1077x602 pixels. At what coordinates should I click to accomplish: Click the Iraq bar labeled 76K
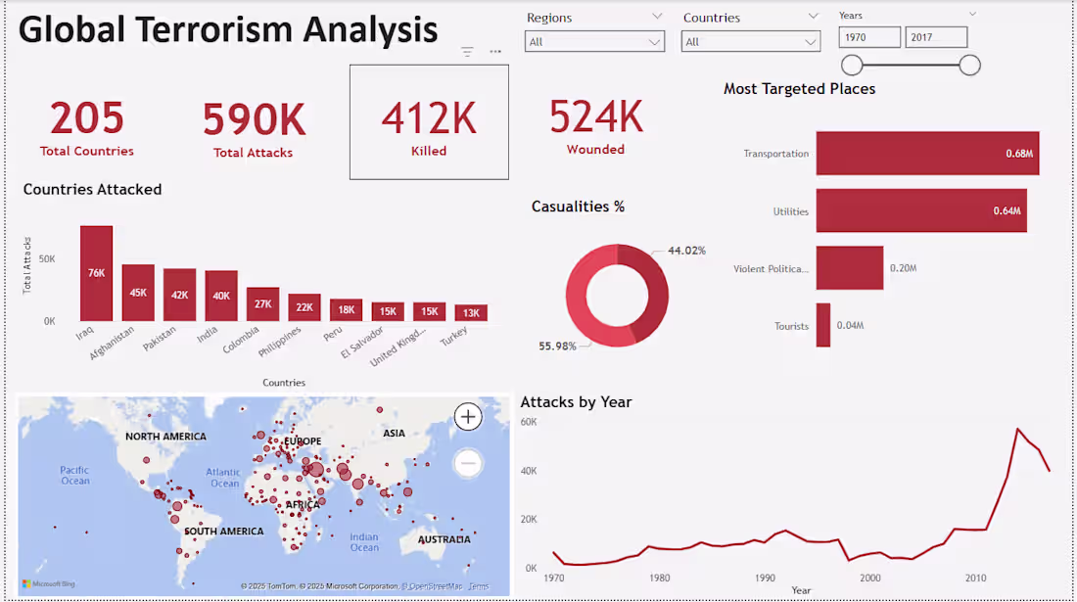click(96, 273)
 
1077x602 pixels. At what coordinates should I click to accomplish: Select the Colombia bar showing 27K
click(262, 304)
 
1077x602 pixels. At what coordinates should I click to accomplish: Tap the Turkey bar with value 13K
click(471, 312)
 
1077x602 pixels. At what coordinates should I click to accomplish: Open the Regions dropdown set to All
click(594, 42)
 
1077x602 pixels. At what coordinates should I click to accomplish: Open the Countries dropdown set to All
click(751, 42)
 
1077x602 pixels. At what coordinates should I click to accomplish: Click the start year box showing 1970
click(869, 37)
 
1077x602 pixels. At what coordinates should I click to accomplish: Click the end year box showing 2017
click(936, 37)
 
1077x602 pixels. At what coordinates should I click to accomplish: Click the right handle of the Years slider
click(969, 66)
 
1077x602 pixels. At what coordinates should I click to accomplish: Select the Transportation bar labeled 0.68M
click(927, 154)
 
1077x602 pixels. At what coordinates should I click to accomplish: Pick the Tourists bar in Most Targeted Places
click(823, 325)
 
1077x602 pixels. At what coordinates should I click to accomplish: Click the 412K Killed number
click(429, 118)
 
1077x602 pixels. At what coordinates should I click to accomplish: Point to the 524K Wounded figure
click(595, 116)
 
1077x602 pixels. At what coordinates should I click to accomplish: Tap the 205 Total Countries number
click(87, 118)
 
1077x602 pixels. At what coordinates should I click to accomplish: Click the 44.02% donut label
click(686, 251)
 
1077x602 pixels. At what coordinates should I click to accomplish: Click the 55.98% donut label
click(558, 346)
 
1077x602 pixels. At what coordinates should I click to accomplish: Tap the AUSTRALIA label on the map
click(444, 539)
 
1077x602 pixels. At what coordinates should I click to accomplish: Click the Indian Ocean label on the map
click(364, 541)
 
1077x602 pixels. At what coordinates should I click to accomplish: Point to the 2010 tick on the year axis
click(976, 578)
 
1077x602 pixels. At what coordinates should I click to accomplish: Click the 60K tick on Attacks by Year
click(529, 422)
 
